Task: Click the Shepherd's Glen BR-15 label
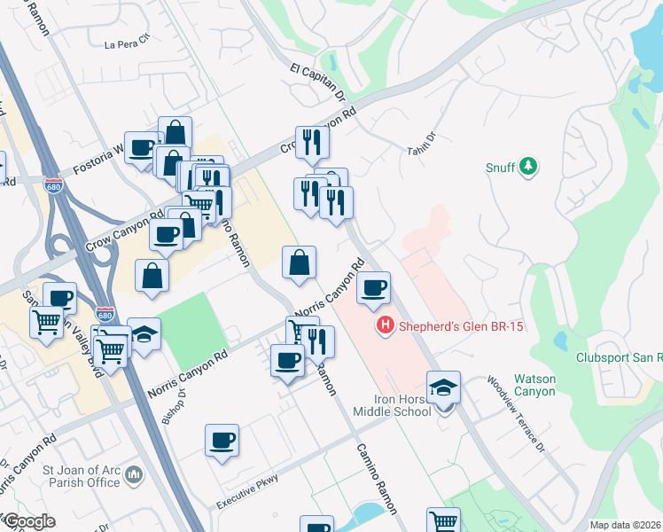[x=460, y=326]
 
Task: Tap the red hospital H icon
[x=386, y=326]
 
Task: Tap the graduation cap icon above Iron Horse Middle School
[x=443, y=387]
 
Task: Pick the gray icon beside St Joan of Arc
[x=134, y=476]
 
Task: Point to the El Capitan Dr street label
[x=316, y=81]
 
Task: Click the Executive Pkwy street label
[x=248, y=491]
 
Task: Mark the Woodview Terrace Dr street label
[x=515, y=415]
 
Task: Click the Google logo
[x=28, y=521]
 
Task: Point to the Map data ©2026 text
[x=625, y=525]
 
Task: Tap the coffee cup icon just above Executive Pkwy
[x=222, y=440]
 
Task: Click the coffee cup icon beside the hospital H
[x=374, y=287]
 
